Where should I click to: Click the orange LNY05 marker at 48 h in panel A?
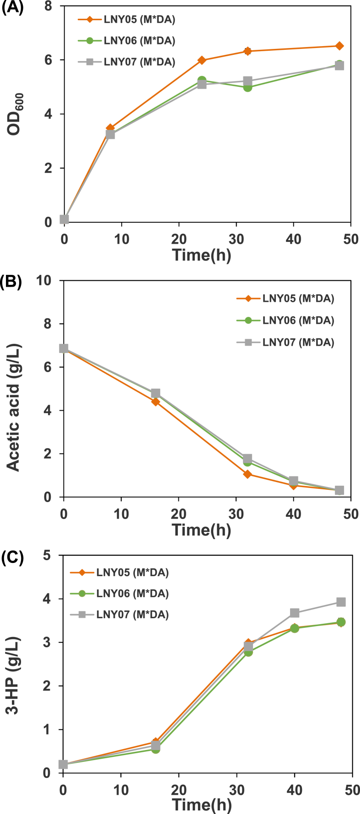tap(339, 46)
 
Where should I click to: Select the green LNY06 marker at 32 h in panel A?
tap(247, 87)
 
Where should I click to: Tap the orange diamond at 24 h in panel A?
tap(202, 60)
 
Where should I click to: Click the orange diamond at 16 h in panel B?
tap(156, 402)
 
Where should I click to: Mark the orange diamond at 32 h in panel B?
tap(247, 474)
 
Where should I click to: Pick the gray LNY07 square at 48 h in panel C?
tap(340, 602)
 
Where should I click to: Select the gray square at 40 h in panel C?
tap(295, 613)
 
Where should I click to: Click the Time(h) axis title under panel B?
tap(202, 530)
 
